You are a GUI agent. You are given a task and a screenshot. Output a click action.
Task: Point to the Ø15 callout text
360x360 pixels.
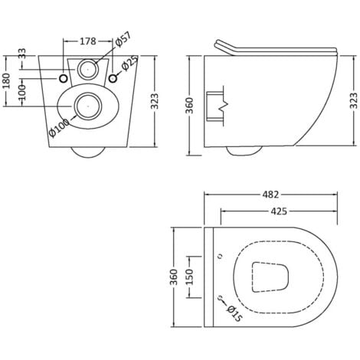pos(234,311)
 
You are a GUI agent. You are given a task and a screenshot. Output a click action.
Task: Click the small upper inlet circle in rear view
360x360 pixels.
pos(89,69)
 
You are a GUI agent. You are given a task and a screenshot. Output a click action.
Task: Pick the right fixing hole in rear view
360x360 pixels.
pos(113,78)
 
